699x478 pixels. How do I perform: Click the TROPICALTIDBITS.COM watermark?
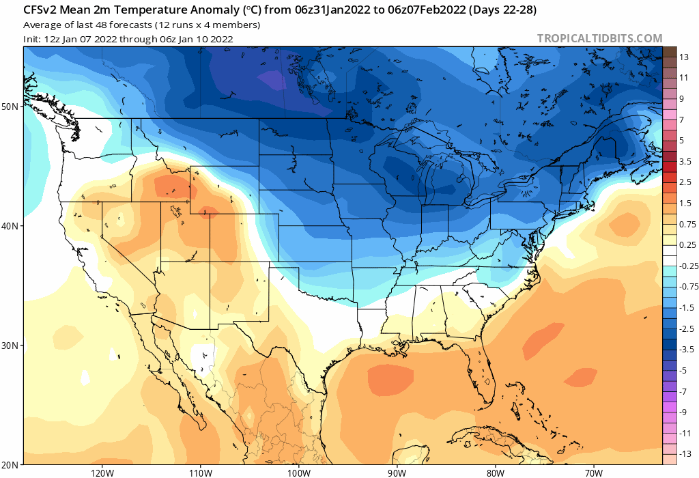(599, 38)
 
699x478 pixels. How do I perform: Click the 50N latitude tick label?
(10, 107)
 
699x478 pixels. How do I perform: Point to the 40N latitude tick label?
(10, 226)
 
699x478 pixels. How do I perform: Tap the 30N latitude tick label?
(10, 346)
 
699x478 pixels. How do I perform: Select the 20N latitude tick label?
(10, 465)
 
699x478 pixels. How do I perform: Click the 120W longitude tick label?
(101, 473)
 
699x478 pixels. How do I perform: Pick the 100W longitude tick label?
(298, 473)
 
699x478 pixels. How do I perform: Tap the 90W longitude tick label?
(397, 473)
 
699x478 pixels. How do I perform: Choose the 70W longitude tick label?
(593, 473)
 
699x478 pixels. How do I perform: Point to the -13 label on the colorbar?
(685, 454)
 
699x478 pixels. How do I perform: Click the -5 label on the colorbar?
(684, 371)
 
